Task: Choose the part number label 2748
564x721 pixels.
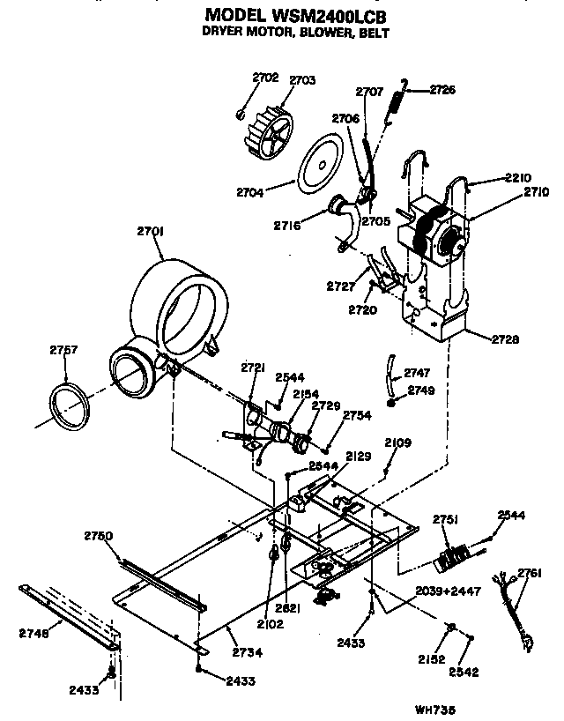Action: [x=33, y=633]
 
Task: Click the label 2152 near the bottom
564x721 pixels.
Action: [x=434, y=658]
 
